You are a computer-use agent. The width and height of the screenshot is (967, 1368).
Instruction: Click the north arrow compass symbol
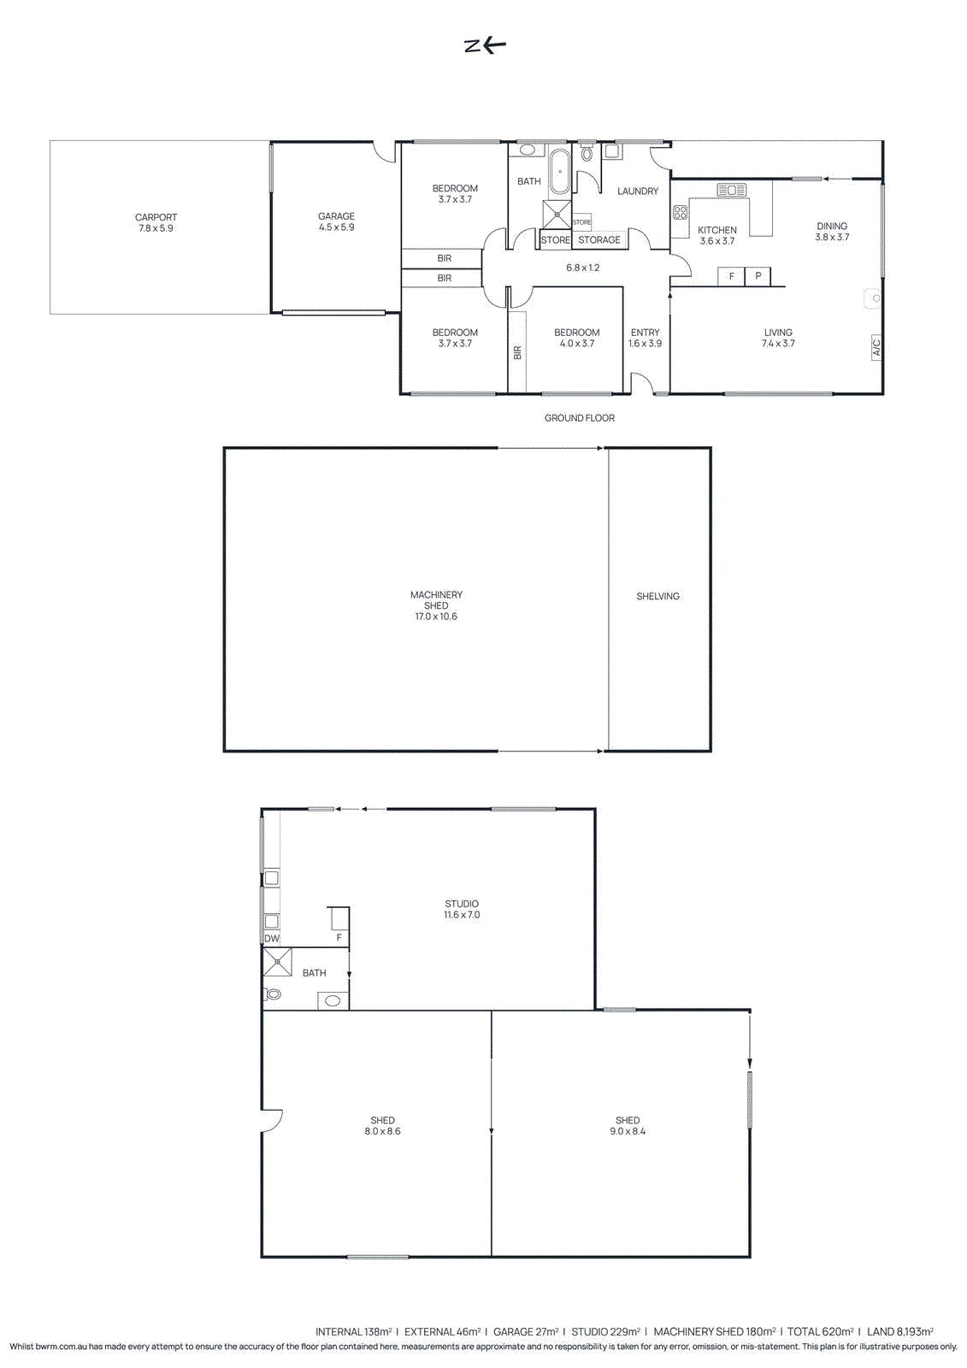pyautogui.click(x=485, y=45)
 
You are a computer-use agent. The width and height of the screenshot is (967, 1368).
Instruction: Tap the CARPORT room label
pyautogui.click(x=156, y=222)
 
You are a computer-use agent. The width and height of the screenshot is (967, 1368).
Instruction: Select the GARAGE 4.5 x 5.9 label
pyautogui.click(x=336, y=221)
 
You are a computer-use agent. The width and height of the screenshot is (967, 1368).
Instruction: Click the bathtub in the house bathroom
pyautogui.click(x=559, y=172)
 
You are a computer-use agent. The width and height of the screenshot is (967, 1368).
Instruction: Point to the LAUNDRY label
pyautogui.click(x=638, y=192)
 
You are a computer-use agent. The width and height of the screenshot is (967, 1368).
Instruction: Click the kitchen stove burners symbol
pyautogui.click(x=681, y=212)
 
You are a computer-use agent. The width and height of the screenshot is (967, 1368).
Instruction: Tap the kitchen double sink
pyautogui.click(x=732, y=190)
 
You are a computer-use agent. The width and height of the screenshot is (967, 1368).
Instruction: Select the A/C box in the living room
pyautogui.click(x=876, y=347)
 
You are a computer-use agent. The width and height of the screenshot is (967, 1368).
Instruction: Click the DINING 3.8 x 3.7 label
pyautogui.click(x=832, y=232)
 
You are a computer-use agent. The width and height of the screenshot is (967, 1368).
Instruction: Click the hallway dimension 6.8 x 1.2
pyautogui.click(x=583, y=268)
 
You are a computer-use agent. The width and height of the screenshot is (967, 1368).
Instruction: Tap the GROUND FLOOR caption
pyautogui.click(x=580, y=418)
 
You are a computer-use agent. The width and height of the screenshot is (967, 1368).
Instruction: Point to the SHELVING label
pyautogui.click(x=657, y=597)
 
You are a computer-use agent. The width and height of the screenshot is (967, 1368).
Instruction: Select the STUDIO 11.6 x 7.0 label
pyautogui.click(x=462, y=909)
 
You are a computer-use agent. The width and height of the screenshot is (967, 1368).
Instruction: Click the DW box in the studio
pyautogui.click(x=272, y=938)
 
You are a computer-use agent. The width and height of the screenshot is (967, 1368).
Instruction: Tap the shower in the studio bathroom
pyautogui.click(x=278, y=962)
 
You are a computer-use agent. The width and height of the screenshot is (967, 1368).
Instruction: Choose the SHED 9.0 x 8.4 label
pyautogui.click(x=628, y=1125)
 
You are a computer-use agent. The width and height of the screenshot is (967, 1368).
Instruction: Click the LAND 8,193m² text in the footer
pyautogui.click(x=899, y=1331)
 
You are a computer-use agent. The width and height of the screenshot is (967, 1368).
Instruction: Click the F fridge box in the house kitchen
pyautogui.click(x=731, y=276)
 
